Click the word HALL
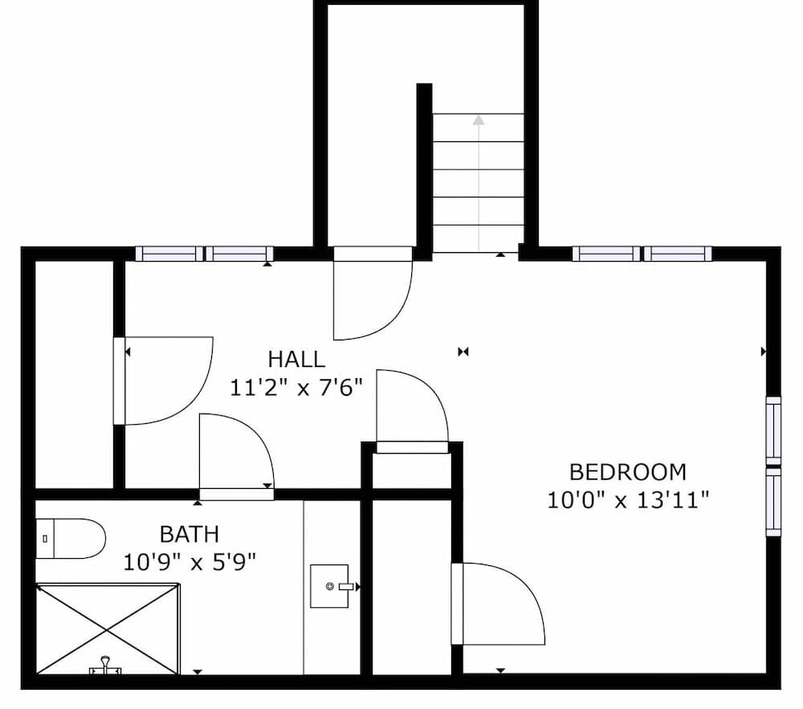click(x=296, y=359)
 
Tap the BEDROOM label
click(x=628, y=471)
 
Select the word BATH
click(x=189, y=534)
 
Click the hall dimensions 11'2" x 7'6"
click(x=296, y=388)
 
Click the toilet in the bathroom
click(x=71, y=538)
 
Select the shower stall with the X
click(x=107, y=629)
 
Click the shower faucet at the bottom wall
click(x=104, y=666)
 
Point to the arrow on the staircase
click(x=479, y=120)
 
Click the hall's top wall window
click(x=205, y=254)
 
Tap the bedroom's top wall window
click(x=642, y=254)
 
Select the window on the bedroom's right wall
click(x=773, y=466)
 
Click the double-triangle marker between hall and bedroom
click(x=463, y=351)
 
